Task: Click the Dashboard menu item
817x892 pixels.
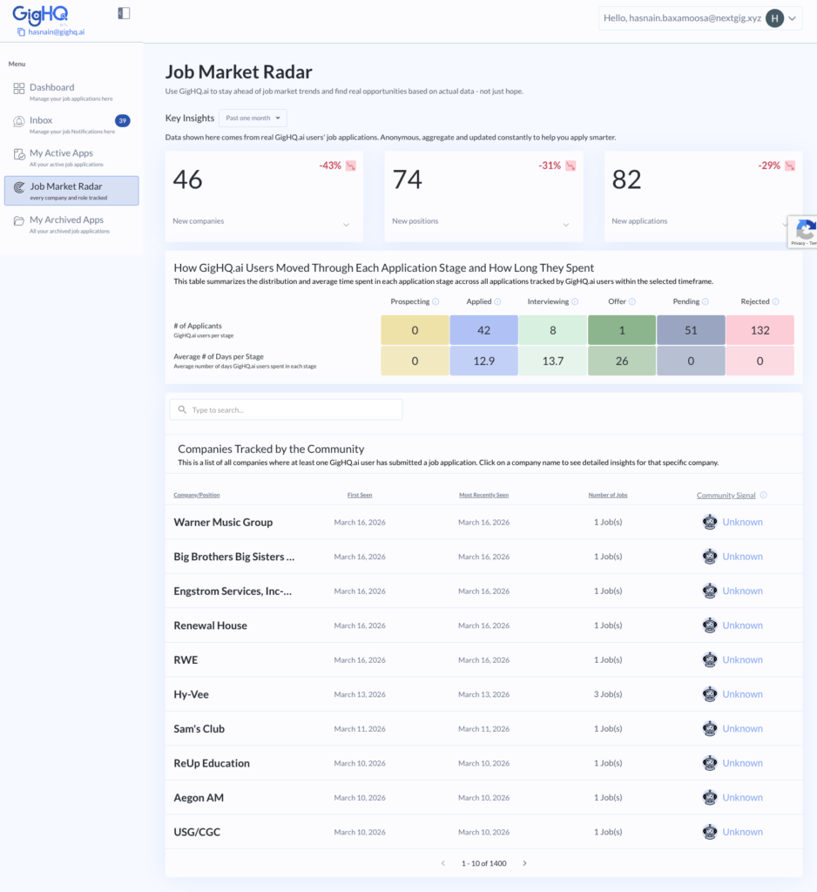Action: pyautogui.click(x=51, y=88)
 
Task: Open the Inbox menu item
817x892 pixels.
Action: pyautogui.click(x=41, y=121)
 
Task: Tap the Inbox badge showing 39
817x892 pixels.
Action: pyautogui.click(x=123, y=121)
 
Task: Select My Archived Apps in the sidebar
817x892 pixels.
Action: pyautogui.click(x=66, y=220)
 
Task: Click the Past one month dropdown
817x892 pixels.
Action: pyautogui.click(x=253, y=118)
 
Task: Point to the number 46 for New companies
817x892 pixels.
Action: pyautogui.click(x=188, y=179)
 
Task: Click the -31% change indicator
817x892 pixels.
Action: pyautogui.click(x=550, y=166)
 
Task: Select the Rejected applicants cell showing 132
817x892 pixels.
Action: pyautogui.click(x=760, y=330)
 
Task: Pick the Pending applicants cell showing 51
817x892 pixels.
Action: pyautogui.click(x=691, y=330)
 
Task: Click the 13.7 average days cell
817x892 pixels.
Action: pyautogui.click(x=552, y=361)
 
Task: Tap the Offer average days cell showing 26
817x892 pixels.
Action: pyautogui.click(x=622, y=361)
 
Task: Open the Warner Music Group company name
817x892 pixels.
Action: pyautogui.click(x=223, y=523)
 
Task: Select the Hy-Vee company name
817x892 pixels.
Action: pyautogui.click(x=192, y=694)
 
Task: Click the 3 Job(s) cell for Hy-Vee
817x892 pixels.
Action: pyautogui.click(x=608, y=694)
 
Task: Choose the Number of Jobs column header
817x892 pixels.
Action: pyautogui.click(x=608, y=495)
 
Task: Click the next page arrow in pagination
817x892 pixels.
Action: pyautogui.click(x=524, y=863)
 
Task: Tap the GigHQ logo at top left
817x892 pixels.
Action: pyautogui.click(x=40, y=14)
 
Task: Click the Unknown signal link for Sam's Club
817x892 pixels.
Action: pyautogui.click(x=742, y=729)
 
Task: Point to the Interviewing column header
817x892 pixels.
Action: pyautogui.click(x=548, y=301)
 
